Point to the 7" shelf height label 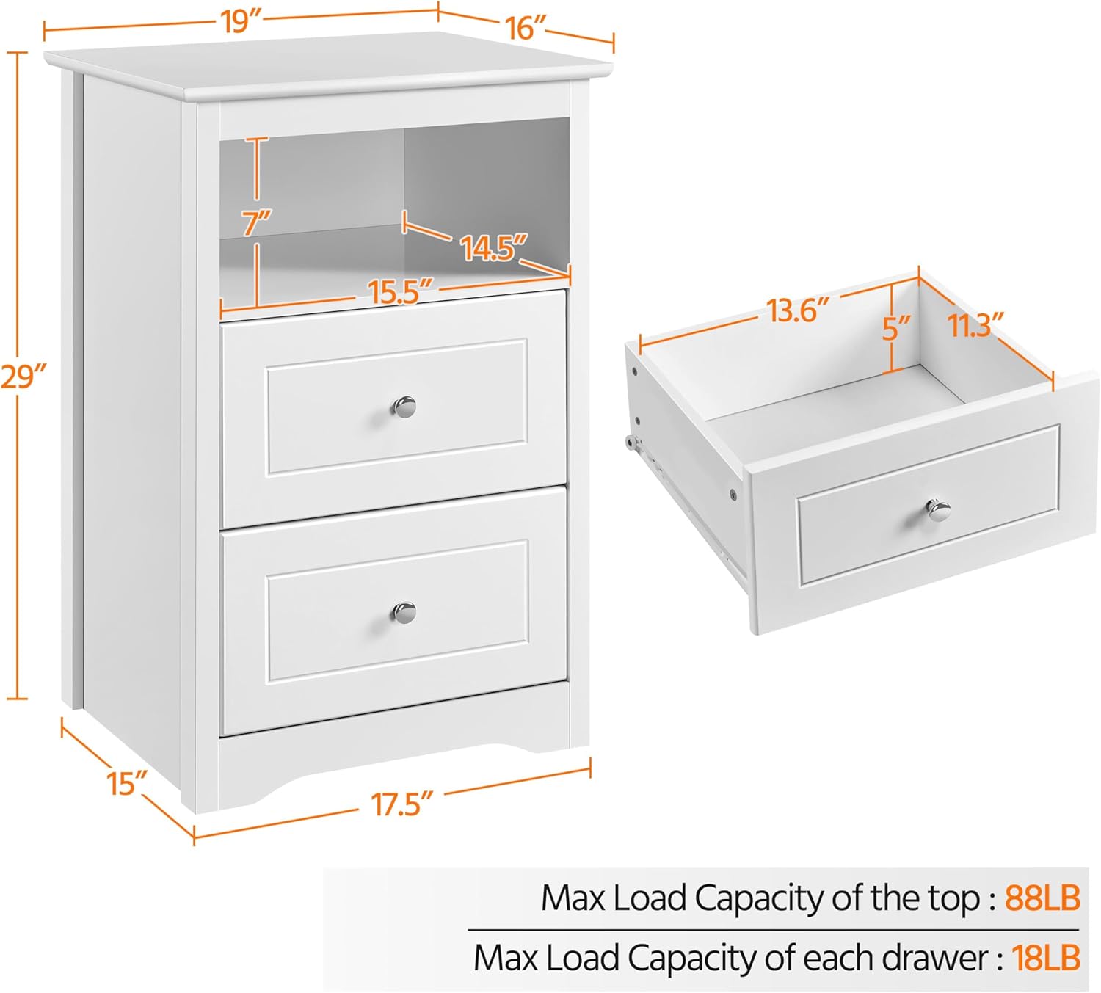tap(257, 220)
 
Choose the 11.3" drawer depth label tap(975, 325)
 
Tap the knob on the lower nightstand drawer tap(404, 611)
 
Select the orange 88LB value tap(1042, 898)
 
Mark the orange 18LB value tap(1046, 958)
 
